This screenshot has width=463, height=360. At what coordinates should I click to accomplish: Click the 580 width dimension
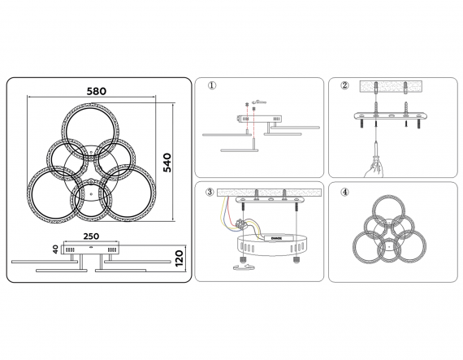tap(97, 91)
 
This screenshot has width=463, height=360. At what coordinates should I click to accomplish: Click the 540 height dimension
tap(167, 163)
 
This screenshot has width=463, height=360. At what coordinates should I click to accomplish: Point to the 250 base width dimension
tap(91, 236)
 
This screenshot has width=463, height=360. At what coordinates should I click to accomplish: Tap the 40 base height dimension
tap(55, 249)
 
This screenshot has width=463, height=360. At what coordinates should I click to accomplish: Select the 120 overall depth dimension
tap(180, 258)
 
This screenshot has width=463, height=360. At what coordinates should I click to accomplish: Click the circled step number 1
tap(212, 85)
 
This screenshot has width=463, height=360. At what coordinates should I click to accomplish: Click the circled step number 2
tap(344, 85)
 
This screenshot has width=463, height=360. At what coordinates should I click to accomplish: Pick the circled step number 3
tap(210, 192)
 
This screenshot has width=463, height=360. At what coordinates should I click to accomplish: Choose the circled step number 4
tap(344, 193)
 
